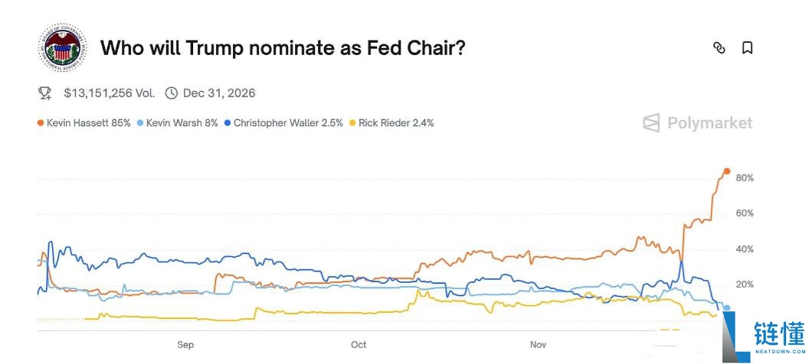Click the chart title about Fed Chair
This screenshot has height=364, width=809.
[x=283, y=48]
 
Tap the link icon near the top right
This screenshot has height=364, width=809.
[x=719, y=47]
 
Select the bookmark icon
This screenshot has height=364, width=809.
[x=748, y=47]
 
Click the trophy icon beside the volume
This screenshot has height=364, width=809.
[x=44, y=93]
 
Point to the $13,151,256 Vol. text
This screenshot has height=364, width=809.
[x=109, y=93]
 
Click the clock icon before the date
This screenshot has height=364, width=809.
[x=172, y=93]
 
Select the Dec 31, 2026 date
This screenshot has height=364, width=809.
[x=219, y=93]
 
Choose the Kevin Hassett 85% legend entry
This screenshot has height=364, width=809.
[x=84, y=122]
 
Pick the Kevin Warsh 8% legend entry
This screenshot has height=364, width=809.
[x=178, y=122]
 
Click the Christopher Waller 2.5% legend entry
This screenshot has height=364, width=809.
[x=283, y=122]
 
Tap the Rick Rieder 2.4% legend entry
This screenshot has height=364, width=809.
[x=391, y=122]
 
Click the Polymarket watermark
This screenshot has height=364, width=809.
[x=698, y=123]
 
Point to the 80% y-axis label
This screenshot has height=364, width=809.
[x=745, y=178]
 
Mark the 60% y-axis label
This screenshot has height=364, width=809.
[x=745, y=213]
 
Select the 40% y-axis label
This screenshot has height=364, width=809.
[x=745, y=249]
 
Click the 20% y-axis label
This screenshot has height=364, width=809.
[x=745, y=284]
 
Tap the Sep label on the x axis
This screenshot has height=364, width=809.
[x=185, y=345]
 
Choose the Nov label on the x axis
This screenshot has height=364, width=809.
[x=539, y=345]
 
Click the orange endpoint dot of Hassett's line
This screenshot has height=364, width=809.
[x=727, y=171]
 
